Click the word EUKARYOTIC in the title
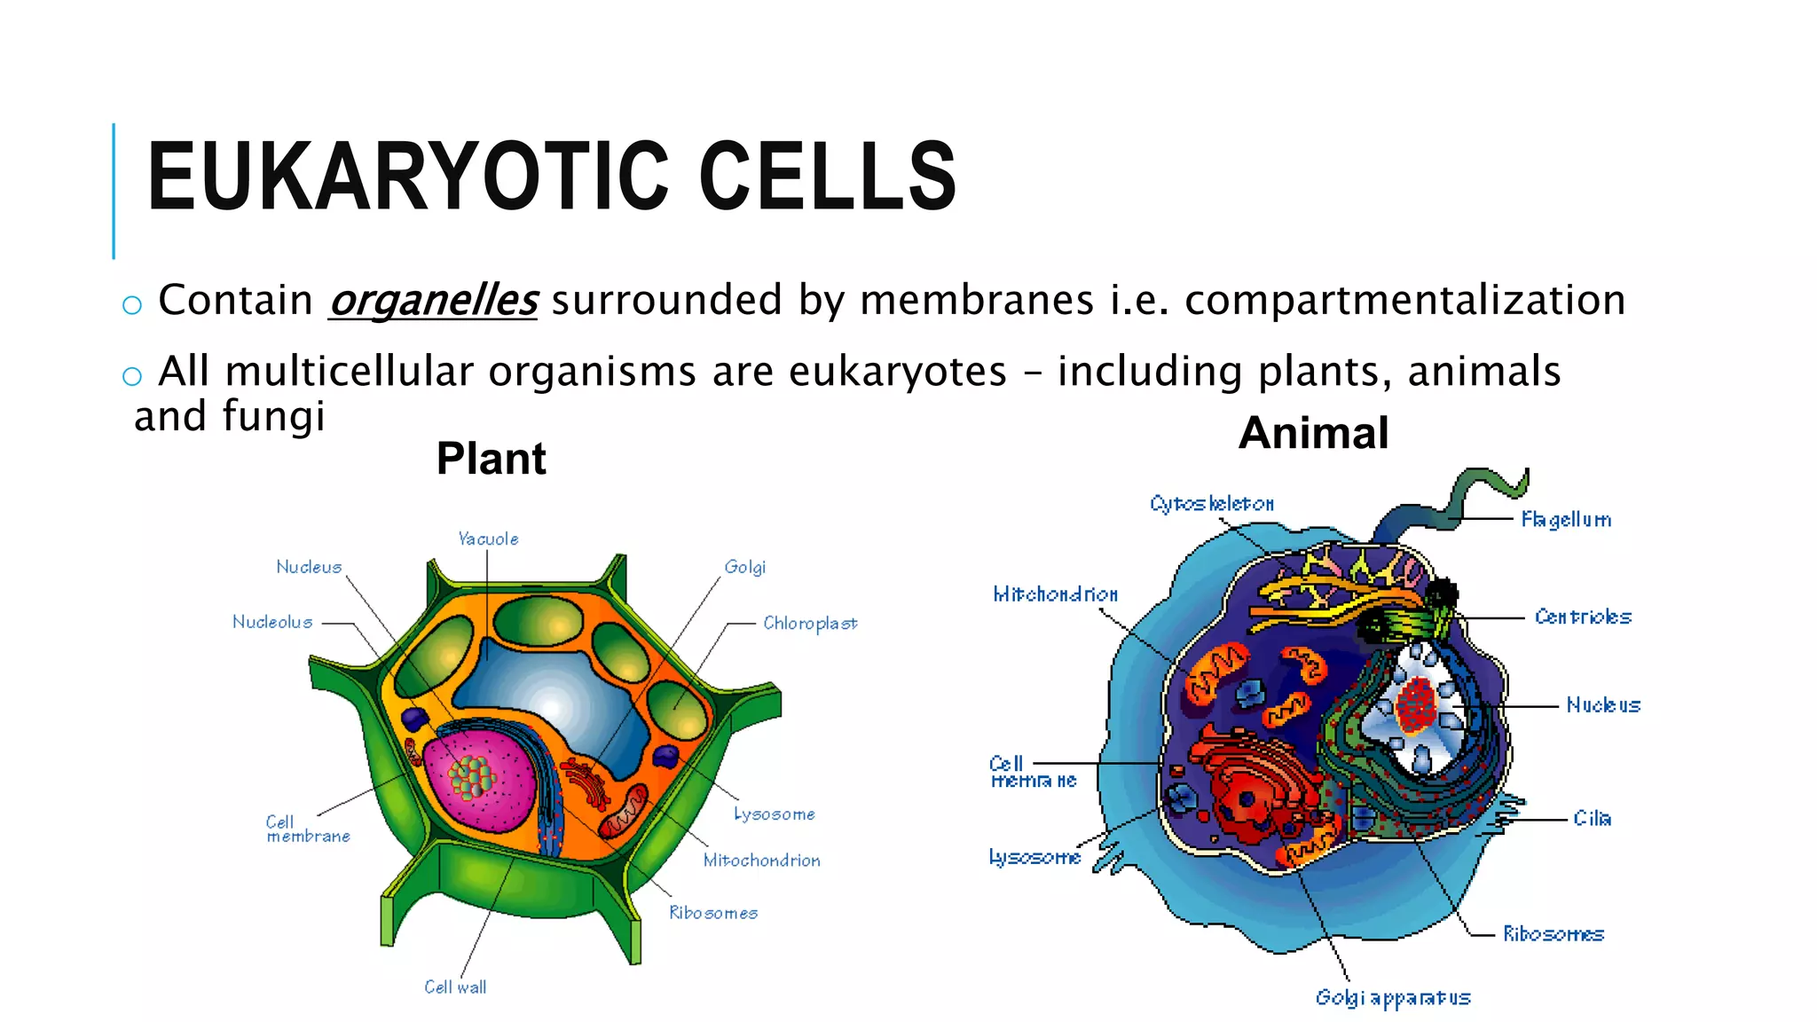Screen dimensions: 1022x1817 tap(407, 177)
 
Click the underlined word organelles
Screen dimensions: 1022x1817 tap(433, 300)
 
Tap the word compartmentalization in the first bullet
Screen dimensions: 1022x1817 tap(1404, 300)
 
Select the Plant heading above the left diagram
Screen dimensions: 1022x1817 tap(491, 459)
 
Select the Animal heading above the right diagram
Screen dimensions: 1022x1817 tap(1313, 433)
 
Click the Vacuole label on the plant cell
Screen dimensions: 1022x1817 tap(488, 539)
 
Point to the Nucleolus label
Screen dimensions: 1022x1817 tap(272, 622)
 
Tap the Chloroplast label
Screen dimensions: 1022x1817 tap(810, 624)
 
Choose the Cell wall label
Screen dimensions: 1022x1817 tap(455, 987)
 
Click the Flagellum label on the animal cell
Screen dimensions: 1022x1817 tap(1566, 519)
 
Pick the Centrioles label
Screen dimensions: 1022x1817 tap(1583, 617)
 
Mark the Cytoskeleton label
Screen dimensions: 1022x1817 tap(1212, 504)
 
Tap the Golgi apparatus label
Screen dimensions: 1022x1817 tap(1392, 998)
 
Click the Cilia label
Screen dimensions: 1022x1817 tap(1592, 818)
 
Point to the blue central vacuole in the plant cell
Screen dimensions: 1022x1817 tap(550, 701)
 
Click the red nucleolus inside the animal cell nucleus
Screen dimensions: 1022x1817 tap(1416, 706)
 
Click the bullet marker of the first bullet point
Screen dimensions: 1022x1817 tap(132, 305)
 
